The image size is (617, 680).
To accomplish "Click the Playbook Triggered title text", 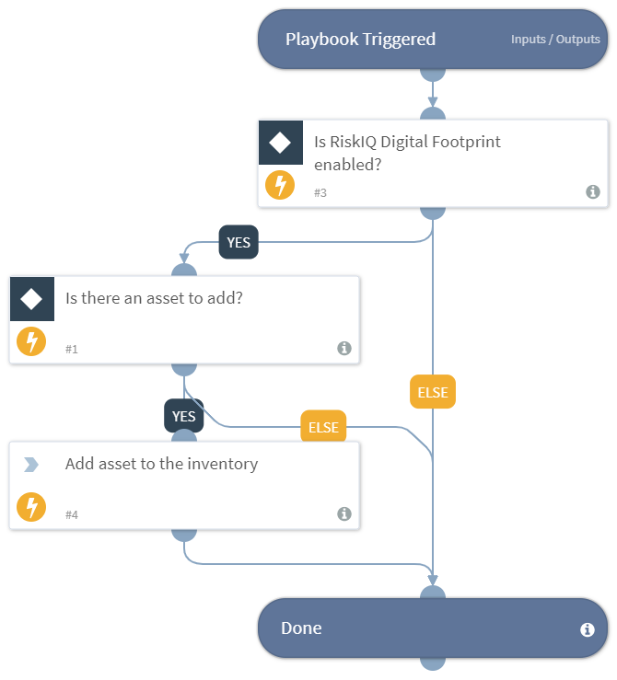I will pyautogui.click(x=360, y=40).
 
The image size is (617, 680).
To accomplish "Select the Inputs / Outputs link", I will pyautogui.click(x=555, y=40).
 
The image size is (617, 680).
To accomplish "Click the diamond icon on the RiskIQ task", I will pyautogui.click(x=281, y=143).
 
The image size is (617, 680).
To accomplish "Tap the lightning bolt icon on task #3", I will pyautogui.click(x=280, y=185).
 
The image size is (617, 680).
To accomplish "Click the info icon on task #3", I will pyautogui.click(x=593, y=191).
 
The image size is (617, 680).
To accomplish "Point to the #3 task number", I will pyautogui.click(x=320, y=192).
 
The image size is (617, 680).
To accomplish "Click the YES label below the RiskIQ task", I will pyautogui.click(x=239, y=243).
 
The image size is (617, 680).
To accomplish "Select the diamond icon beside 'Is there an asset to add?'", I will pyautogui.click(x=32, y=299).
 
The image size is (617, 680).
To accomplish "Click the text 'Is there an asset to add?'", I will pyautogui.click(x=154, y=298).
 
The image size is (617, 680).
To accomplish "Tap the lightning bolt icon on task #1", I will pyautogui.click(x=31, y=342).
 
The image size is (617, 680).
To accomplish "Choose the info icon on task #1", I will pyautogui.click(x=343, y=348).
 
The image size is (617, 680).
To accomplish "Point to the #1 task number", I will pyautogui.click(x=71, y=349).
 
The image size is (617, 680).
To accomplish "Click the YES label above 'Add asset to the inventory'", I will pyautogui.click(x=184, y=416).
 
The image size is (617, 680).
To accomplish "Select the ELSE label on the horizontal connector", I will pyautogui.click(x=323, y=427).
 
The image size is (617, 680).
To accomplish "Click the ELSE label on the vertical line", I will pyautogui.click(x=433, y=392).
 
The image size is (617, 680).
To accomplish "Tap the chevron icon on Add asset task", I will pyautogui.click(x=31, y=465).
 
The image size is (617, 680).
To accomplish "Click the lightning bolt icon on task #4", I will pyautogui.click(x=31, y=507).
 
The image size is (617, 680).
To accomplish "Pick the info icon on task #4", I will pyautogui.click(x=343, y=513).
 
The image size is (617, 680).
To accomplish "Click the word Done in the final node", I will pyautogui.click(x=301, y=628).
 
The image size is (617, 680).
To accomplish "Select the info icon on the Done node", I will pyautogui.click(x=587, y=630).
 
